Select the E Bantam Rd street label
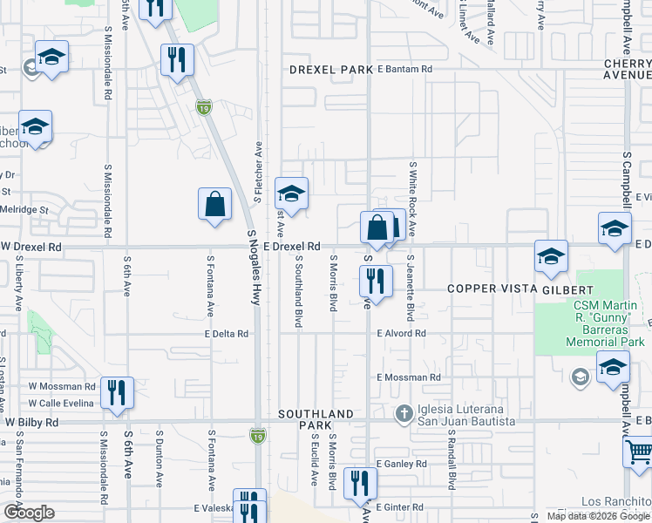click(404, 69)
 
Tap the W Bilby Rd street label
click(31, 422)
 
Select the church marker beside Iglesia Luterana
click(404, 412)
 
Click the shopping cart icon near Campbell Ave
click(639, 452)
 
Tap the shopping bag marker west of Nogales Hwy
click(214, 205)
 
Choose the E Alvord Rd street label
click(401, 333)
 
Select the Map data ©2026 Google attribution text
click(598, 516)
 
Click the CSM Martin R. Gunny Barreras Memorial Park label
click(595, 323)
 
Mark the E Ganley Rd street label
click(400, 464)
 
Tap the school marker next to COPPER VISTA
click(551, 256)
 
